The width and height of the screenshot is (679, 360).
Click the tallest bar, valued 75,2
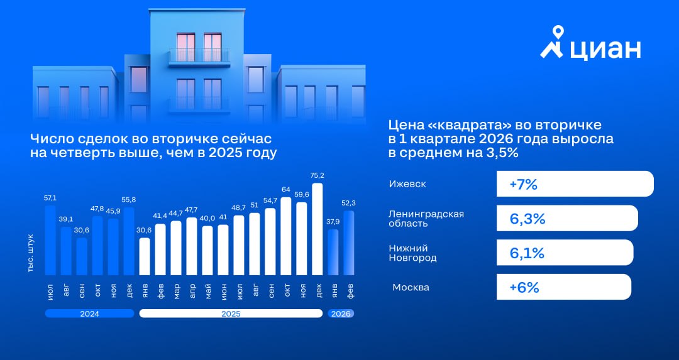pos(317,229)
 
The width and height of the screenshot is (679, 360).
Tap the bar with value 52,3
pos(349,243)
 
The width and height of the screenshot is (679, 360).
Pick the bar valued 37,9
pos(333,253)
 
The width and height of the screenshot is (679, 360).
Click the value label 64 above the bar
pos(286,190)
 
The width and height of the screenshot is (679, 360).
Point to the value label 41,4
pos(160,215)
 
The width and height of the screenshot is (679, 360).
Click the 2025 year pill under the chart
pos(231,313)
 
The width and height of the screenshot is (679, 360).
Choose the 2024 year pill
pos(89,313)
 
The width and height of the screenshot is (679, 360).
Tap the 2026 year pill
pos(341,313)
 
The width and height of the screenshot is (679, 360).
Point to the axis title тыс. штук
pos(31,253)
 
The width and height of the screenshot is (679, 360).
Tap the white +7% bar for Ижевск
pos(575,184)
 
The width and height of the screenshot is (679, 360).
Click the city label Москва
pos(411,287)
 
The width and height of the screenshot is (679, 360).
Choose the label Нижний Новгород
pos(412,253)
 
